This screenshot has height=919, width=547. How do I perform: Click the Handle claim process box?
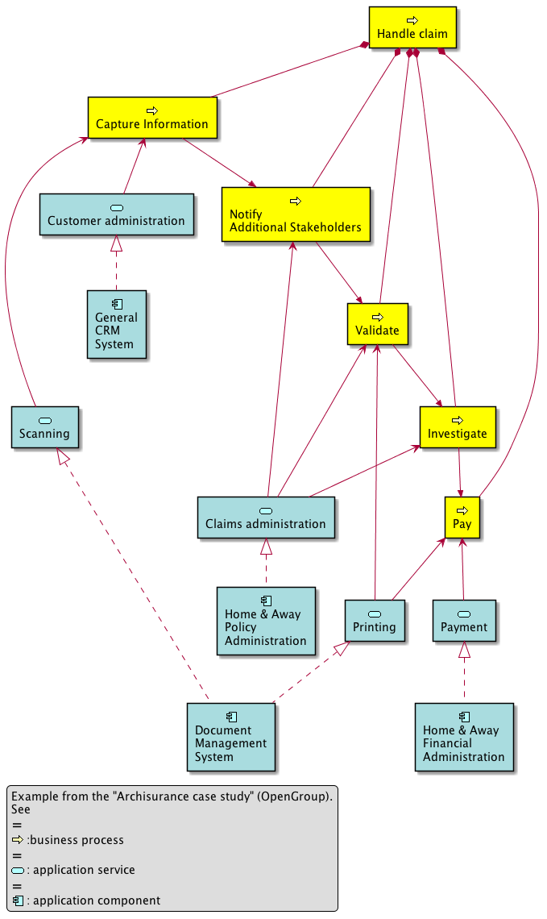click(x=412, y=27)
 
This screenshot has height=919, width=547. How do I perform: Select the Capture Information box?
click(x=152, y=117)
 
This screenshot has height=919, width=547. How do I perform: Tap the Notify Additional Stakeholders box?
click(x=296, y=214)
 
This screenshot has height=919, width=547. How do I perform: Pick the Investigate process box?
click(x=457, y=426)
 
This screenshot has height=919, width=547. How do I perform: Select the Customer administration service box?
click(x=116, y=214)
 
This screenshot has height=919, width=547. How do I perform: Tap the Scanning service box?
click(x=45, y=426)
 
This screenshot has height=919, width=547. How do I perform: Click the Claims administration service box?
click(x=266, y=517)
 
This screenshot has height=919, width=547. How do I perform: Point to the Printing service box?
click(x=375, y=620)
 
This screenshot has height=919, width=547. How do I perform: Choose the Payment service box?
click(x=464, y=620)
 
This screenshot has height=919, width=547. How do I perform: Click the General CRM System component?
click(x=117, y=323)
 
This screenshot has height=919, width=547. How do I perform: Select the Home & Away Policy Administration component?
click(x=266, y=620)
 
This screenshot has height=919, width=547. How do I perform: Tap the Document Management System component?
click(x=230, y=736)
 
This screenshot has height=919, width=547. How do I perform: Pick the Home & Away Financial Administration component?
click(x=464, y=736)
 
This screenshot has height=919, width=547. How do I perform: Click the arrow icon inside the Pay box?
click(x=462, y=510)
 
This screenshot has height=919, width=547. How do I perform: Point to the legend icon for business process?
click(x=18, y=840)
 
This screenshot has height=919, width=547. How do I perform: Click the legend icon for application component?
click(x=18, y=900)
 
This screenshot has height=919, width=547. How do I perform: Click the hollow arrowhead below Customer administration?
click(x=116, y=243)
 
